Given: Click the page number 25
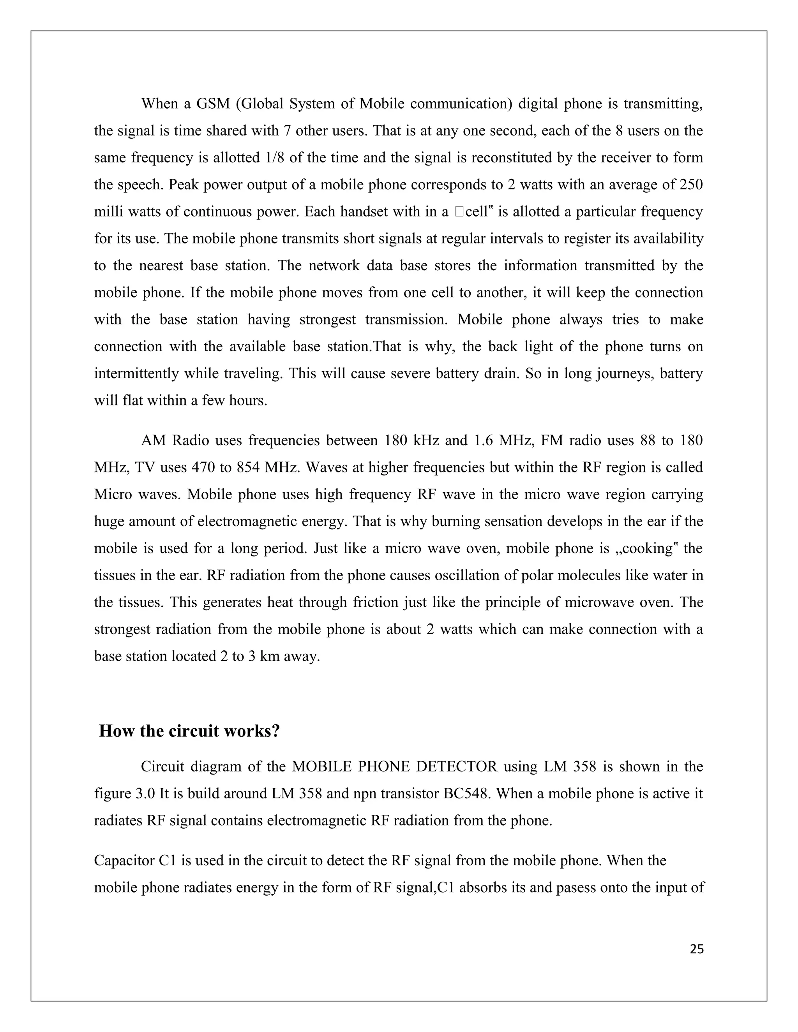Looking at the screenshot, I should (x=697, y=949).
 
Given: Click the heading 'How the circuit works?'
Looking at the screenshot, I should (x=189, y=731).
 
